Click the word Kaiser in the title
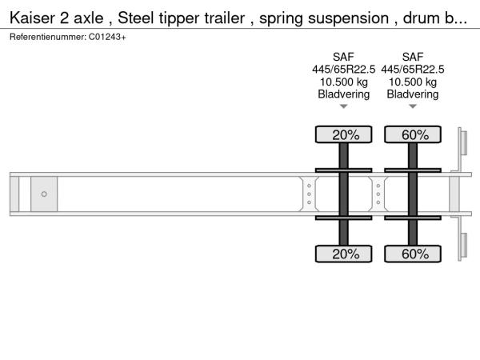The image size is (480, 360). pyautogui.click(x=32, y=18)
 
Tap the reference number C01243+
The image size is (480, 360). pyautogui.click(x=107, y=37)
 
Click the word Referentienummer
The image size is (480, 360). pyautogui.click(x=48, y=37)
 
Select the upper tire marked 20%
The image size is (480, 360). pyautogui.click(x=343, y=134)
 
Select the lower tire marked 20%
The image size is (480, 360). pyautogui.click(x=343, y=254)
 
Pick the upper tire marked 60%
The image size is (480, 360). pyautogui.click(x=413, y=134)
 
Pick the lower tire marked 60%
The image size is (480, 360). pyautogui.click(x=413, y=254)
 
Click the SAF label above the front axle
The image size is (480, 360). pyautogui.click(x=343, y=57)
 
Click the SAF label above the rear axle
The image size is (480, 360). pyautogui.click(x=413, y=57)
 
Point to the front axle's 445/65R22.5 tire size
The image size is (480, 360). pyautogui.click(x=343, y=70)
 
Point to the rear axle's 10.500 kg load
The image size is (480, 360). pyautogui.click(x=413, y=82)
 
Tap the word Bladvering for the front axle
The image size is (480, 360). pyautogui.click(x=343, y=94)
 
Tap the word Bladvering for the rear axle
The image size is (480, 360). pyautogui.click(x=413, y=94)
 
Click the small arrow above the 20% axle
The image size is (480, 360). pyautogui.click(x=343, y=106)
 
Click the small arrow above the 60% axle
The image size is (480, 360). pyautogui.click(x=413, y=106)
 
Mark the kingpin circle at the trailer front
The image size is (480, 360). pyautogui.click(x=44, y=194)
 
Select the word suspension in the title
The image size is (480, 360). pyautogui.click(x=348, y=19)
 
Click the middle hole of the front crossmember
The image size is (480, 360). pyautogui.click(x=309, y=194)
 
